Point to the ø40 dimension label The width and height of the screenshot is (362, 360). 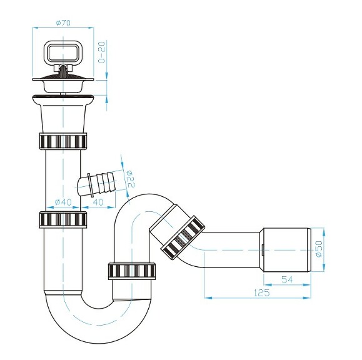[x=64, y=202]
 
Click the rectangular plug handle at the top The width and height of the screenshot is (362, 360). [x=63, y=52]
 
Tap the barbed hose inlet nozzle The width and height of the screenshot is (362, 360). [x=97, y=183]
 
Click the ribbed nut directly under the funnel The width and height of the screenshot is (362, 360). [x=63, y=141]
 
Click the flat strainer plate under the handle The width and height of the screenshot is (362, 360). [x=63, y=80]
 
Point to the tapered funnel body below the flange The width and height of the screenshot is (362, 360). [x=63, y=116]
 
